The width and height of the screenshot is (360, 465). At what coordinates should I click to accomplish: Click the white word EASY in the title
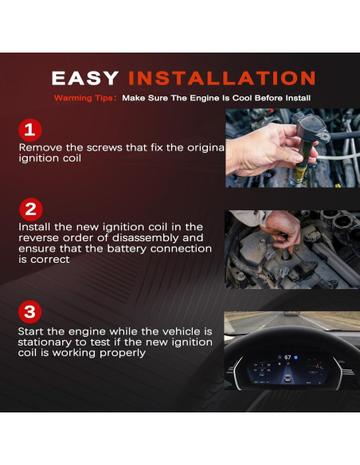point(85,78)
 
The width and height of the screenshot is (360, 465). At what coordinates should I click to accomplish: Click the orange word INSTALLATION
point(221,78)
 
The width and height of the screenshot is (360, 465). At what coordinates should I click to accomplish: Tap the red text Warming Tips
point(84,98)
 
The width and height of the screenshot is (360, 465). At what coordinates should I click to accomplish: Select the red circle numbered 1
point(30,131)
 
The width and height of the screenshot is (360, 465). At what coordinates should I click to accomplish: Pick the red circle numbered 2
point(31,209)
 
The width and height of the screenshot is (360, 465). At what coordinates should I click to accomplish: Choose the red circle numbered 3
point(29,312)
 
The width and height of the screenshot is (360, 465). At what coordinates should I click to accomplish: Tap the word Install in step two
point(35,227)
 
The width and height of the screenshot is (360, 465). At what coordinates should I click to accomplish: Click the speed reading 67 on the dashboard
point(288,358)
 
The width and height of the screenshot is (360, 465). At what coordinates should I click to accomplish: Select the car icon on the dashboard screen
point(287,377)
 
